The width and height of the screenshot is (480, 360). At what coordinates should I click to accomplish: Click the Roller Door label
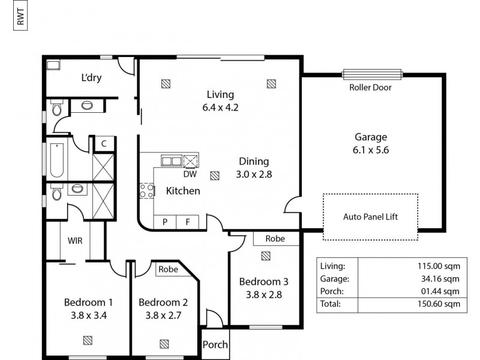(370, 88)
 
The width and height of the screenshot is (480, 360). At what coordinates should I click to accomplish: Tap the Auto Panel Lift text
(370, 217)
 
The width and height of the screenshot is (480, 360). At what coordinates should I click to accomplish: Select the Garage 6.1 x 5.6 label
(370, 143)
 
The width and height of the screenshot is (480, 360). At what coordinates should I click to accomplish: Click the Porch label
(215, 345)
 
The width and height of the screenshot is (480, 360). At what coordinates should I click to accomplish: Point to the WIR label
(75, 241)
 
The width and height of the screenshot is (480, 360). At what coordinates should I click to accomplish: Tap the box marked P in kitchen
(165, 222)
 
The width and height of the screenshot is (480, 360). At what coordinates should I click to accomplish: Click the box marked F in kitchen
(188, 222)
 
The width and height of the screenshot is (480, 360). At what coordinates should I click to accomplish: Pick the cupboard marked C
(104, 143)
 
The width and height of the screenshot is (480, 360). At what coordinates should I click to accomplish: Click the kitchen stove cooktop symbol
(146, 191)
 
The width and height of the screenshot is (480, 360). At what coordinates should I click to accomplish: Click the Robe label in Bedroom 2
(168, 269)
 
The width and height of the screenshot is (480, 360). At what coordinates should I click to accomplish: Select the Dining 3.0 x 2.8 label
(254, 168)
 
